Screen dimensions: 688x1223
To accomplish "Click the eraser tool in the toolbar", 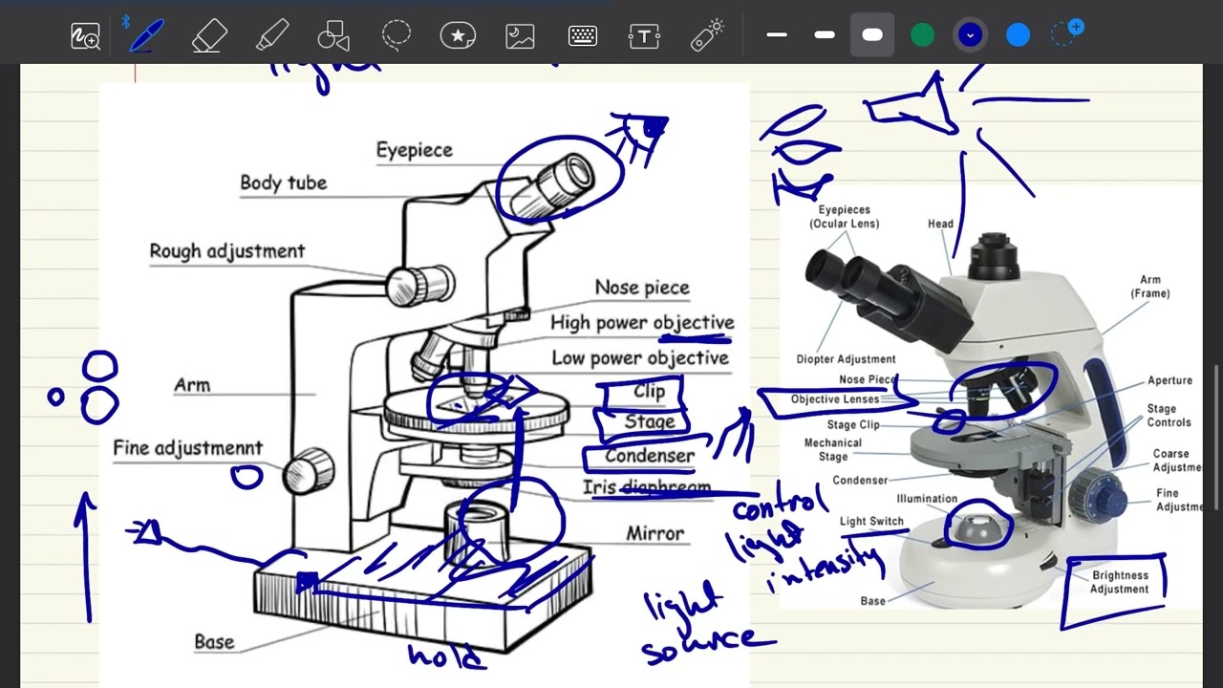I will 208,36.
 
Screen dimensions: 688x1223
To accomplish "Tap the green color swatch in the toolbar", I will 922,36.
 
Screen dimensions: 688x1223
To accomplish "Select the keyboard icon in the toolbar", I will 583,36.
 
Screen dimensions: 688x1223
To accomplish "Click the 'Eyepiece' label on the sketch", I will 414,150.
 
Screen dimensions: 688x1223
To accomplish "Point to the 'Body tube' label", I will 283,183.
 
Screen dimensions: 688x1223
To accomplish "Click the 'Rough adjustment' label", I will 226,251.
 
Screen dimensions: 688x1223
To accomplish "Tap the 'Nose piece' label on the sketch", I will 641,288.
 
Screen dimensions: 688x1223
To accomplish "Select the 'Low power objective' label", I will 639,358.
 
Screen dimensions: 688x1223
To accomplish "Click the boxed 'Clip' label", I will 649,392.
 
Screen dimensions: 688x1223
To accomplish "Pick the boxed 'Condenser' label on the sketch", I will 649,456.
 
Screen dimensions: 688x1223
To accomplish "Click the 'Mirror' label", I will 654,533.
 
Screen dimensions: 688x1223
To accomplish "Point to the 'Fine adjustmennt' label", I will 187,448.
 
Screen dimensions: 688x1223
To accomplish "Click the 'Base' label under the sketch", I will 214,642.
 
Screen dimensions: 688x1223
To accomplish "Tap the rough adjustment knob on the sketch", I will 420,283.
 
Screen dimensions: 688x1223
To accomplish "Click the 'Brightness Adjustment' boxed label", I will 1119,582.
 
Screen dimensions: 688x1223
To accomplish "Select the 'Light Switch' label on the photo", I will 871,522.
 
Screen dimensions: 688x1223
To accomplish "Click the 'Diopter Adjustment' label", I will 846,359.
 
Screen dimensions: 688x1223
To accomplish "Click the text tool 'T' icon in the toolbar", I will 645,36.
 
